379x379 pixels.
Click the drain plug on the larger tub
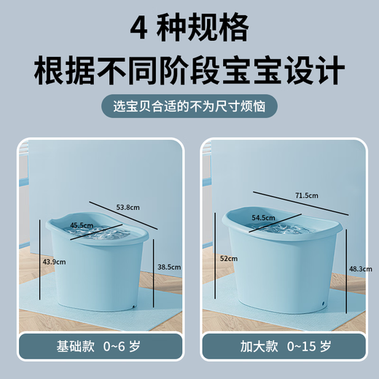coord(321,300)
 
